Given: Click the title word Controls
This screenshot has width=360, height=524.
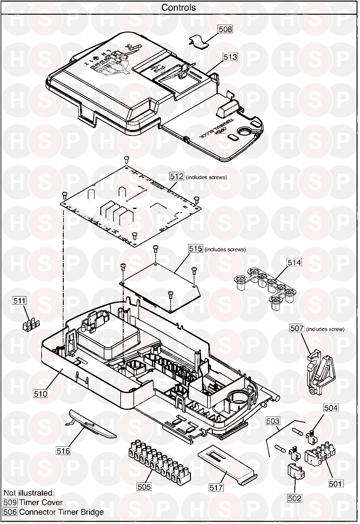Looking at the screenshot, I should [178, 7].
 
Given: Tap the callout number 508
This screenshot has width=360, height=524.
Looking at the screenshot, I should [225, 29].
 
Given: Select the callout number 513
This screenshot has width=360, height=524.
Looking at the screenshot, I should [230, 57].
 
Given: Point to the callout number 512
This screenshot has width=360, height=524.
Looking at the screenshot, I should [177, 176].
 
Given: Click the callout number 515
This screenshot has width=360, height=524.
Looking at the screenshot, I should [196, 248].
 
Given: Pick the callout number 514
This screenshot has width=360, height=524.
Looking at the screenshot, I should [294, 262].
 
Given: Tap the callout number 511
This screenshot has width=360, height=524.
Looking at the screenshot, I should [20, 301].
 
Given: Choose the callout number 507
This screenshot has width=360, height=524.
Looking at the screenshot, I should [297, 328].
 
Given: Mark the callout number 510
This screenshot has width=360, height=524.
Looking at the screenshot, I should [41, 394].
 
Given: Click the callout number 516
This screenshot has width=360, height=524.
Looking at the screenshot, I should [63, 451].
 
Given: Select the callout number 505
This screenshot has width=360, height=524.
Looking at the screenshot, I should [144, 487].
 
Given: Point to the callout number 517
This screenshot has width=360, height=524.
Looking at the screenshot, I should [217, 487].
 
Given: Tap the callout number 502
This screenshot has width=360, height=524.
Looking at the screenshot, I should [295, 498].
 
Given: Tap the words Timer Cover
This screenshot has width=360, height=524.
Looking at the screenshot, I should [41, 502].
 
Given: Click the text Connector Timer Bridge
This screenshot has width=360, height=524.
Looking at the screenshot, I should [61, 512].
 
